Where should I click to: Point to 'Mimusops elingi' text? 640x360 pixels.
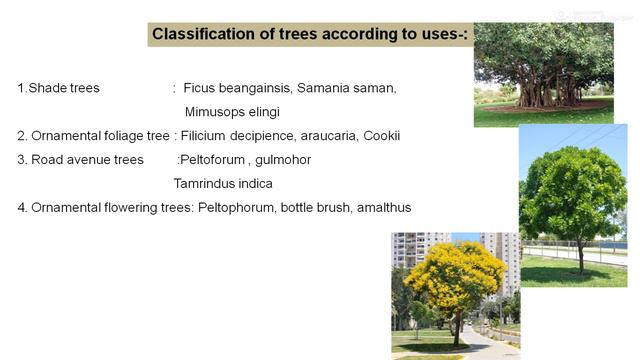pos(232,112)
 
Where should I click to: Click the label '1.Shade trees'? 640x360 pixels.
pos(58,88)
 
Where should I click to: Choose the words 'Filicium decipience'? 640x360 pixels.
pos(240,136)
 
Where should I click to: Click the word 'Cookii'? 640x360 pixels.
pos(382,136)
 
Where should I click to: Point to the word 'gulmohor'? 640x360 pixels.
pos(283,160)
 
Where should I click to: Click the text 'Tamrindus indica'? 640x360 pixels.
pos(223,184)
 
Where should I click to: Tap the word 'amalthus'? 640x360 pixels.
pos(383,208)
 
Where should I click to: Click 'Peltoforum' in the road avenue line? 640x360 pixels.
pos(213,160)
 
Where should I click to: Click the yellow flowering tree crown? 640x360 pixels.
pos(455,275)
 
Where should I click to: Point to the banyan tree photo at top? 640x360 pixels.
pos(543,75)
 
